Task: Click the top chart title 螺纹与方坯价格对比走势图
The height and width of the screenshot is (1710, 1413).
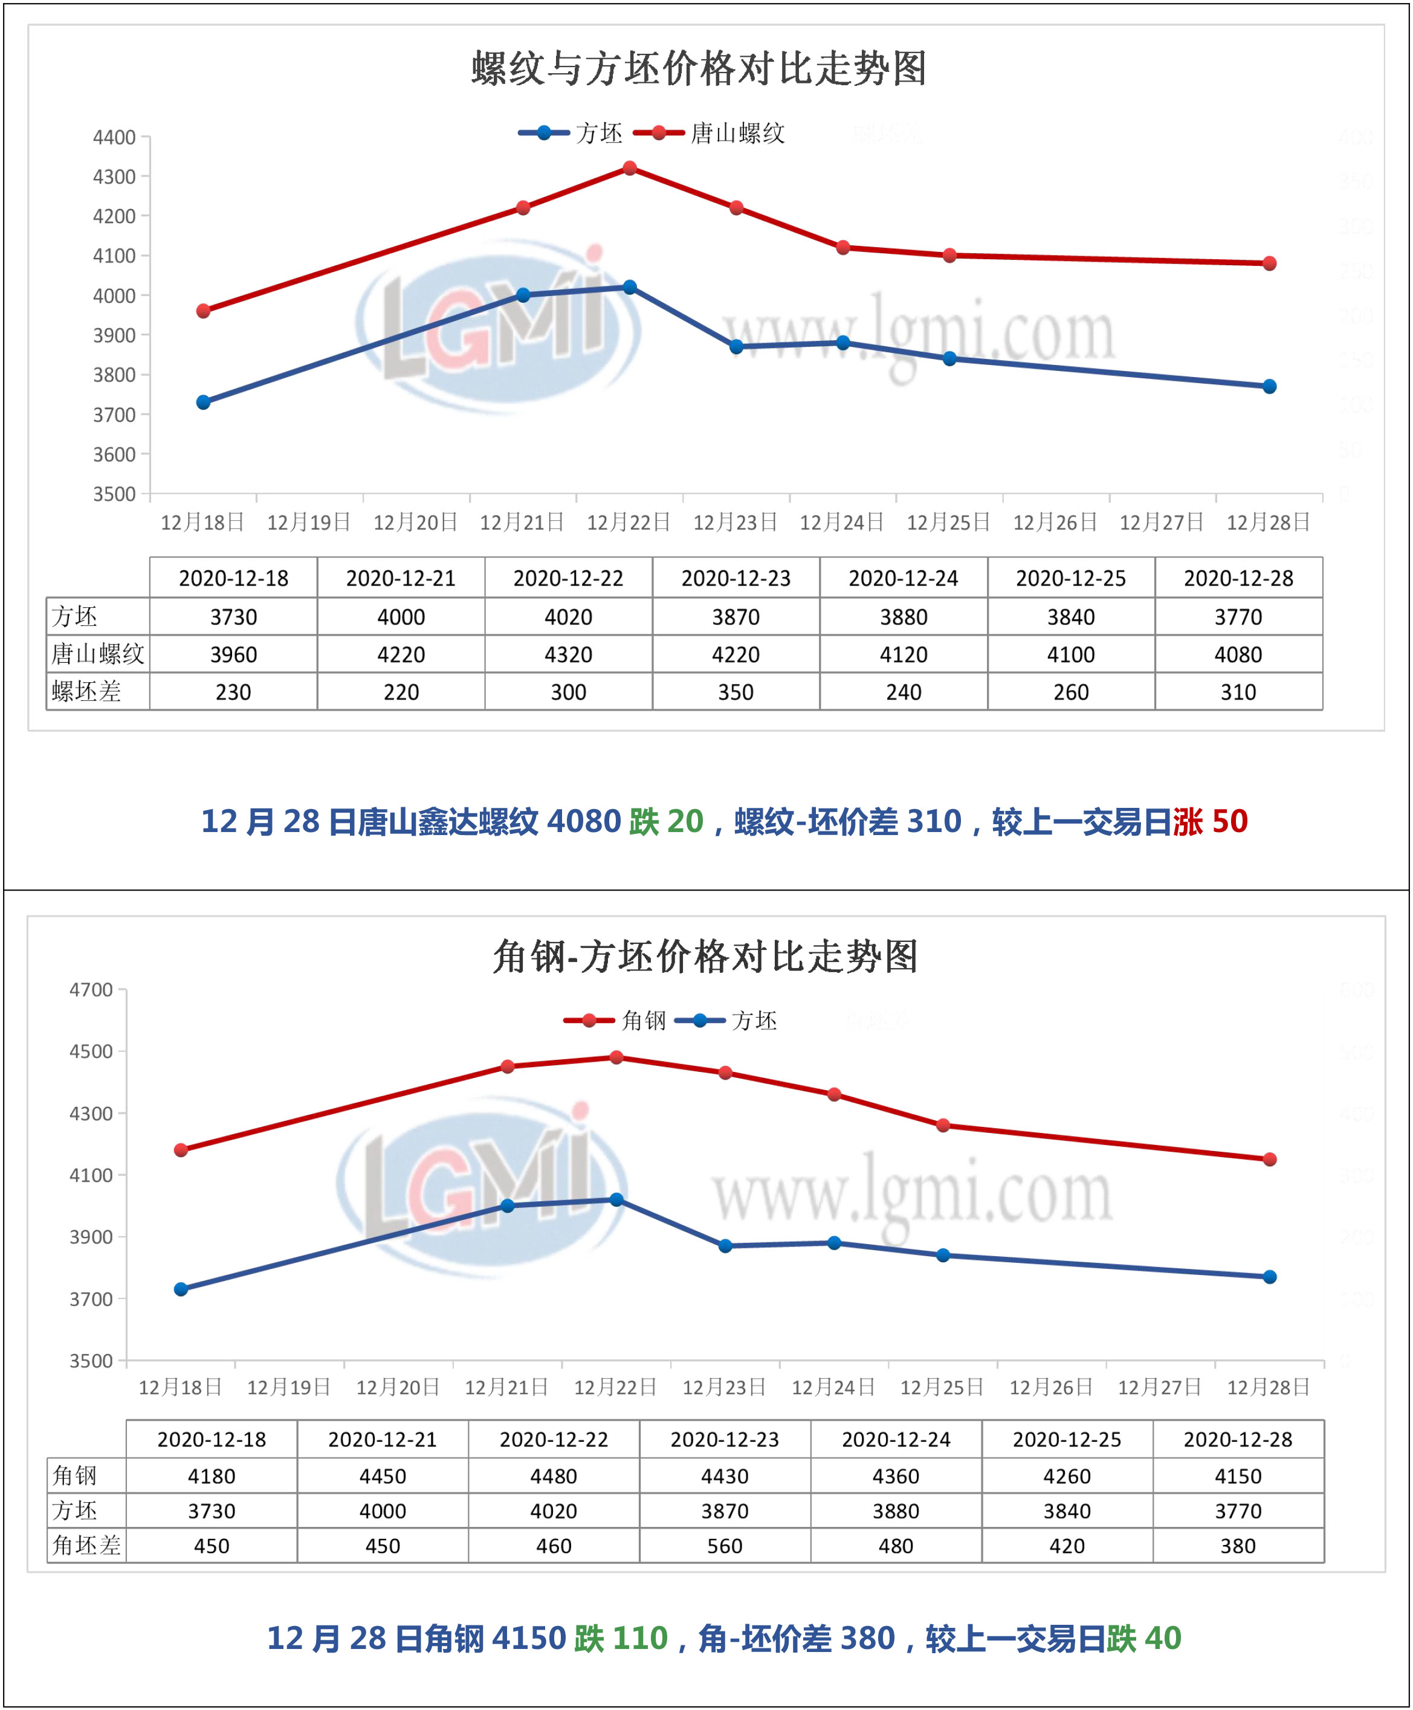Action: click(x=699, y=68)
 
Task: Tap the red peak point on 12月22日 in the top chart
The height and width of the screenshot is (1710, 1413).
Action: click(x=629, y=169)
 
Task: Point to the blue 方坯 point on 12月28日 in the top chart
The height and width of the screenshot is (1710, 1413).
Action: click(x=1269, y=387)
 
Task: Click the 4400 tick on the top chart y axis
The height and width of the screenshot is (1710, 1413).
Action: click(x=114, y=138)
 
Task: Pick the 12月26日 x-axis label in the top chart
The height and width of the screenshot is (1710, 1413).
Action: click(x=1055, y=521)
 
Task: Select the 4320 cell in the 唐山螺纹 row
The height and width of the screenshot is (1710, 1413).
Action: click(x=568, y=654)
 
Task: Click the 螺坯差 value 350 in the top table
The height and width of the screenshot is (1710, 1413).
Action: click(x=736, y=692)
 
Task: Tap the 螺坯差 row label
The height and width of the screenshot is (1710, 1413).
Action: click(x=87, y=692)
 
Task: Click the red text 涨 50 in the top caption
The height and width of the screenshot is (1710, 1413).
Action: click(x=1211, y=821)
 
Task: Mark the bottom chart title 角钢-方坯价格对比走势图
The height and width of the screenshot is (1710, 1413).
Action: click(x=705, y=957)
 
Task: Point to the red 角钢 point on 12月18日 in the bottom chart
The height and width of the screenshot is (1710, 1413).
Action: click(x=181, y=1150)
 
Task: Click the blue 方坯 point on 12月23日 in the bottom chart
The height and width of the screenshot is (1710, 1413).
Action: click(x=725, y=1246)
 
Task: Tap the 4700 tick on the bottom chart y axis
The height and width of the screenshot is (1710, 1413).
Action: click(x=91, y=990)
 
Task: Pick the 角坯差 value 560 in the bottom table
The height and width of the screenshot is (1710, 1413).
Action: click(x=725, y=1546)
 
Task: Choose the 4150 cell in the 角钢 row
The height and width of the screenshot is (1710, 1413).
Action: click(x=1238, y=1476)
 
